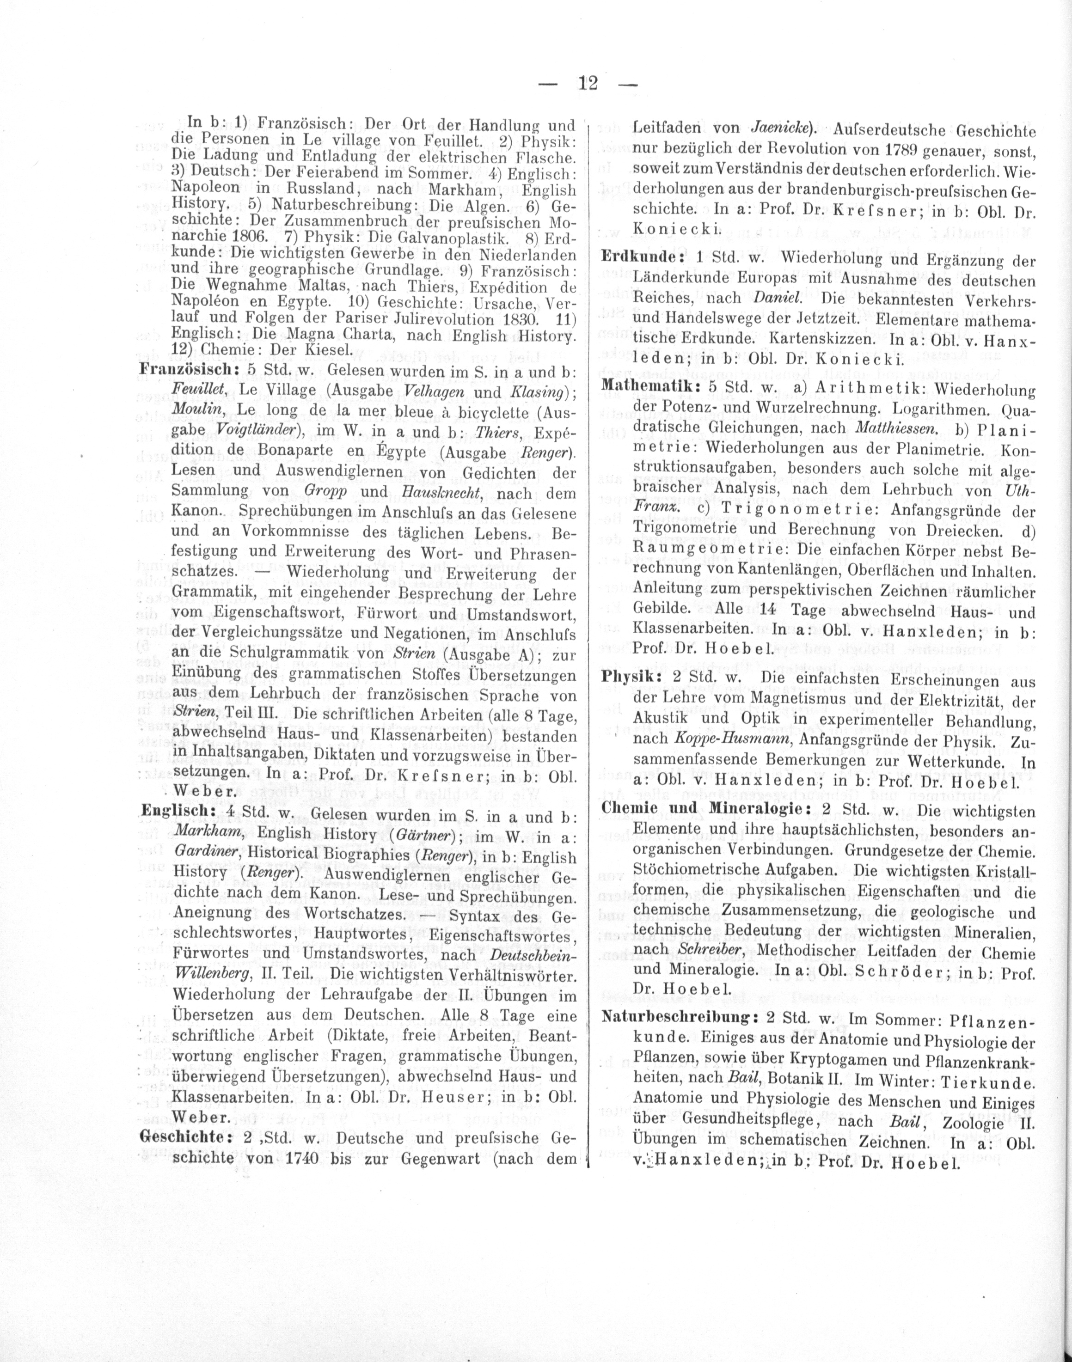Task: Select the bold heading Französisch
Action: point(186,370)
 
